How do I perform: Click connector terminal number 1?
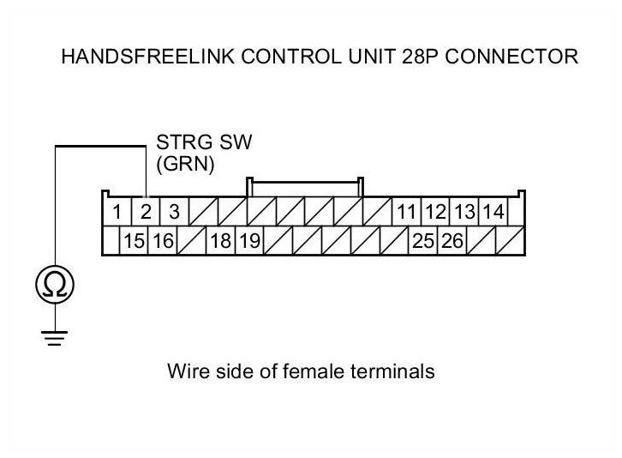117,212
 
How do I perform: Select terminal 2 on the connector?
146,212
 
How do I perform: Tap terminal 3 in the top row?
174,212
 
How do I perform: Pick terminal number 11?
406,212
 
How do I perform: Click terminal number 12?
435,212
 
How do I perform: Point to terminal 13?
464,212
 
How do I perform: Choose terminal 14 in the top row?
493,212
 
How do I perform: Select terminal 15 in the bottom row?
134,241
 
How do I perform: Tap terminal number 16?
163,241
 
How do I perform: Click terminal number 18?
220,241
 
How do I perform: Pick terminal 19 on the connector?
249,241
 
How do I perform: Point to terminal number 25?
423,241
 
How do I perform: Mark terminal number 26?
452,241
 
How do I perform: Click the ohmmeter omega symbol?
55,285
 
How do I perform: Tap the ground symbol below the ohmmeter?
54,338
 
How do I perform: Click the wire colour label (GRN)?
185,164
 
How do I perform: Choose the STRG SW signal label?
204,142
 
